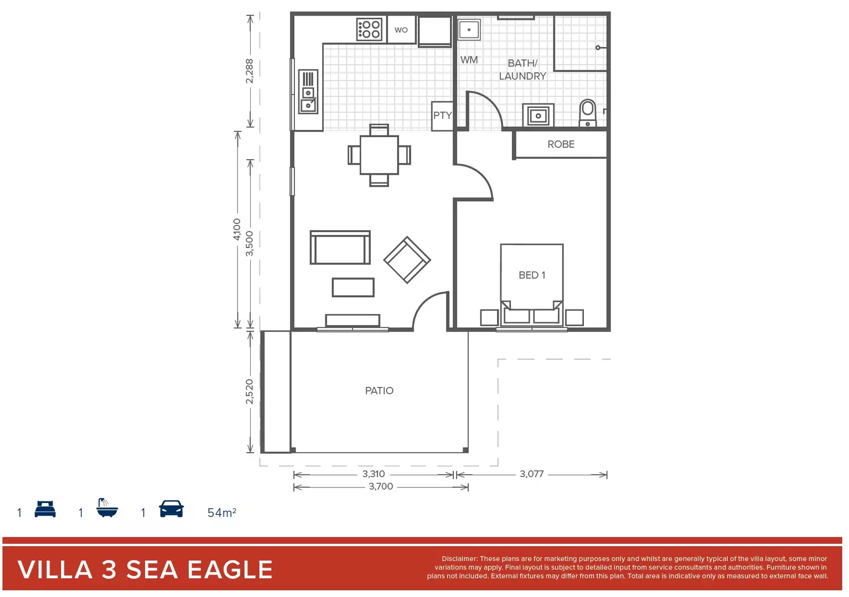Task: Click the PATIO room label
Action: [x=379, y=391]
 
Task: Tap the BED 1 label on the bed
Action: [x=532, y=275]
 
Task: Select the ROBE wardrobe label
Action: [x=561, y=144]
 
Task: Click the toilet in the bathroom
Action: [x=588, y=112]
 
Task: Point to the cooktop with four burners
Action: [x=369, y=29]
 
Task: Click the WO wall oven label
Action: [x=401, y=30]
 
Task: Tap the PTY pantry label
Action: [x=442, y=116]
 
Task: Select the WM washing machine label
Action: [x=469, y=60]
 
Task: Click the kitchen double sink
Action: [x=308, y=92]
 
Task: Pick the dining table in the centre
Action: [x=379, y=155]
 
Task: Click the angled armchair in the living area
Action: [x=407, y=260]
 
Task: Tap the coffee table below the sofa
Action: [x=353, y=287]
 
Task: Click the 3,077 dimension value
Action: [x=531, y=474]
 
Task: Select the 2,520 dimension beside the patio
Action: [x=250, y=391]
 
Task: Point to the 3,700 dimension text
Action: [x=381, y=486]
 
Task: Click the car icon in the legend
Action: [x=171, y=509]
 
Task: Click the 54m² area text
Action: [x=222, y=512]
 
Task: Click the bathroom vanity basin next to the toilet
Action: [x=538, y=116]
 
